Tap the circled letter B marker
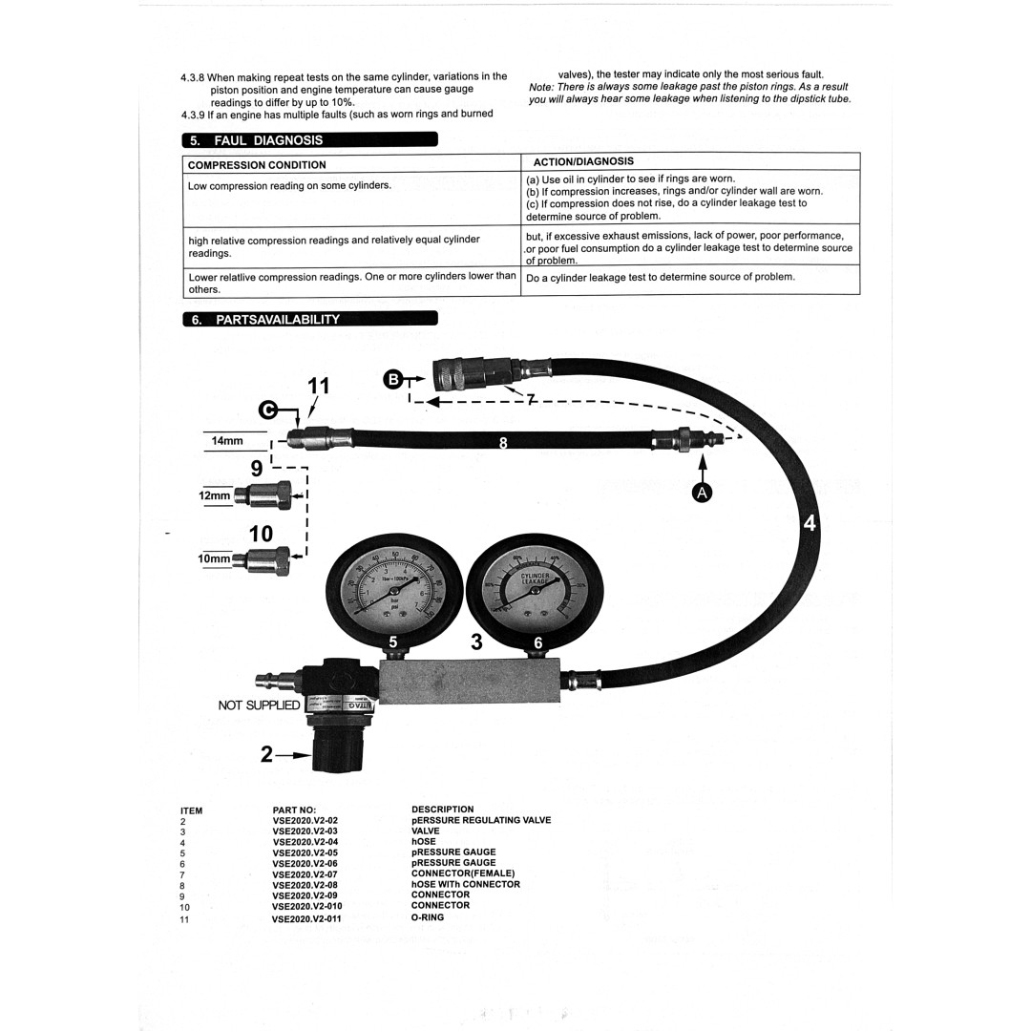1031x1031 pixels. [x=392, y=379]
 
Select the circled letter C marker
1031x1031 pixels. [x=271, y=410]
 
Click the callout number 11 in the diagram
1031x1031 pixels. [x=318, y=386]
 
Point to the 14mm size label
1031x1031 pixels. [x=227, y=441]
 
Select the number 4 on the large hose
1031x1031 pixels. [x=810, y=523]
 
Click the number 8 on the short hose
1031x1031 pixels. [x=504, y=442]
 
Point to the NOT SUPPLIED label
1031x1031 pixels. [x=259, y=705]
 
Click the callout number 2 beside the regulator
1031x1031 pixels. [x=267, y=754]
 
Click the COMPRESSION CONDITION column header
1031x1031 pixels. [x=257, y=165]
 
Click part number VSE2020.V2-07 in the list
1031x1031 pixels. [x=305, y=873]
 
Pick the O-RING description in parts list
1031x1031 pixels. [x=428, y=917]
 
